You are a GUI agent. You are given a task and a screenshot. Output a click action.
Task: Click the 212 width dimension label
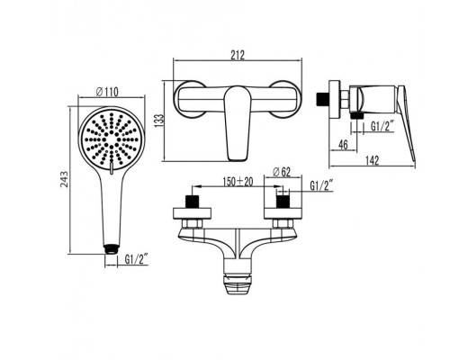click(238, 55)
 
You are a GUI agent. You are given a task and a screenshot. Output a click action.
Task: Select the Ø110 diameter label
click(107, 92)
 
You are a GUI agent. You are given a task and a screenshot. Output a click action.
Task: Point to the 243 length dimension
click(64, 179)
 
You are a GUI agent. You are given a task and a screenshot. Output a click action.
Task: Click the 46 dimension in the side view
click(343, 145)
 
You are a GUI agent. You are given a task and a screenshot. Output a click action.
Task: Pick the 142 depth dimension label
click(373, 160)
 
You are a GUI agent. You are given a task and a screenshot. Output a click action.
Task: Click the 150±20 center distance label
click(238, 182)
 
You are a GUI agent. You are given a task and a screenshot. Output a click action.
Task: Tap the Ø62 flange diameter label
click(282, 172)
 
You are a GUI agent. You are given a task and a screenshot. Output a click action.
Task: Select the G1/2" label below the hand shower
click(137, 259)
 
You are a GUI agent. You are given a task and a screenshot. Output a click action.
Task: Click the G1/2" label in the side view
click(382, 126)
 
